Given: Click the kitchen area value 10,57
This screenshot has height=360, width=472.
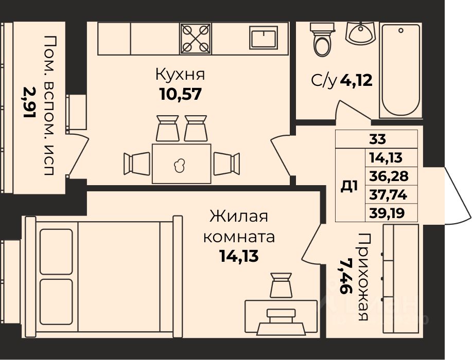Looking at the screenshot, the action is coord(180,94).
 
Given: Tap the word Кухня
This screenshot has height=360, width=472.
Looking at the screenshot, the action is coord(180,74).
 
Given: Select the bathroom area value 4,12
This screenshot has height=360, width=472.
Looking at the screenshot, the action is coord(356,80).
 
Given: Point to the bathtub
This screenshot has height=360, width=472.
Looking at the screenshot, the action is coord(400,70).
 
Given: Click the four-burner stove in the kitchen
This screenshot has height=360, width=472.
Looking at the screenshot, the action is coord(196,39).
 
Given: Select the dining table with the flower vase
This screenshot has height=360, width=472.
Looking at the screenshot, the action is coord(181,164).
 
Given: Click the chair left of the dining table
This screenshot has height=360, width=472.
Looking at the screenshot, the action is coord(137,164).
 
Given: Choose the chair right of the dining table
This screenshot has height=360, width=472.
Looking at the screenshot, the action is coord(226,164).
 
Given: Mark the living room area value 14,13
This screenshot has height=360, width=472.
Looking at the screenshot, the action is coord(239,256).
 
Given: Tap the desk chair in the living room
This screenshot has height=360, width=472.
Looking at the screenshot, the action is coord(281,285).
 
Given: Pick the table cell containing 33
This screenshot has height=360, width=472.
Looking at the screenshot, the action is coord(376,139).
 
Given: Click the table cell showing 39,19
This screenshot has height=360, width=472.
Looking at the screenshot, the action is coord(391,213).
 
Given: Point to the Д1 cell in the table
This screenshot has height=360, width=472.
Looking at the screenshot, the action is coord(350,185).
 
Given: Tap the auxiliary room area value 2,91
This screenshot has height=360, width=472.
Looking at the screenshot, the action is coord(30,102).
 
